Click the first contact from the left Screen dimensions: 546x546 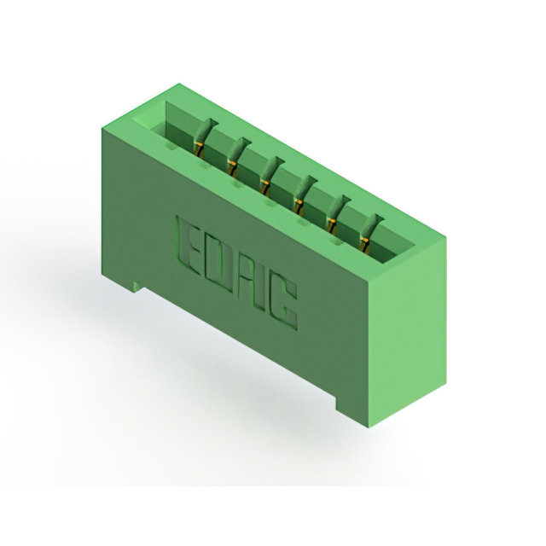[x=203, y=137]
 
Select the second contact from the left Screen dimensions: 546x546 [x=237, y=155]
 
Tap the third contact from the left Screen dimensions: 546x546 [x=271, y=175]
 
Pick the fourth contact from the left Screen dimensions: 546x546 [x=305, y=195]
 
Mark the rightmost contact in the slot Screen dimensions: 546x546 [x=370, y=232]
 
